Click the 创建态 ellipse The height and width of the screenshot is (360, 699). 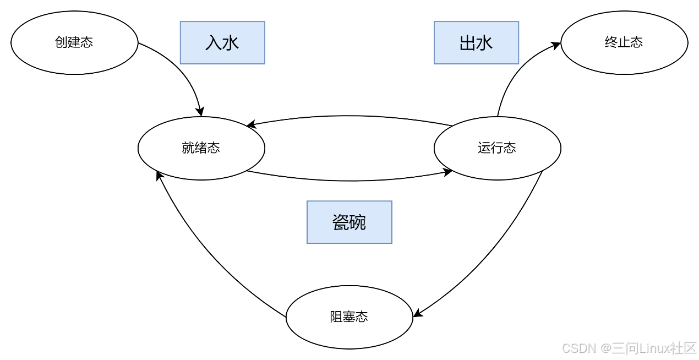pyautogui.click(x=74, y=42)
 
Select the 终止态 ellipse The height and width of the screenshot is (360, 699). pyautogui.click(x=624, y=42)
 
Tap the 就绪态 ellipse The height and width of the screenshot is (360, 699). pyautogui.click(x=201, y=148)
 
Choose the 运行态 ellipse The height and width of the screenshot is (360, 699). pyautogui.click(x=497, y=148)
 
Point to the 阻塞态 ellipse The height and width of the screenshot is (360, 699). pyautogui.click(x=349, y=317)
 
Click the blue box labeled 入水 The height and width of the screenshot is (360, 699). pyautogui.click(x=222, y=42)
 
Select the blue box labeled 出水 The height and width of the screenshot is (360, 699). pyautogui.click(x=476, y=42)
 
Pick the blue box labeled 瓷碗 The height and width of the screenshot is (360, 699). pyautogui.click(x=349, y=222)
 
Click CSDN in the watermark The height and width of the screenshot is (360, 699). pyautogui.click(x=578, y=347)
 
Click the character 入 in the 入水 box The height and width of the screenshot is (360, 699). pyautogui.click(x=214, y=43)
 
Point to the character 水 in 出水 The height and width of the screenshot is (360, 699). pyautogui.click(x=484, y=43)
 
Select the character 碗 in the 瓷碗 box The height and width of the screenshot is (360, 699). pyautogui.click(x=358, y=222)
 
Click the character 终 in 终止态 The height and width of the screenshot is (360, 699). pyautogui.click(x=611, y=42)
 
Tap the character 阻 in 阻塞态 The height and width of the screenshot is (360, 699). pyautogui.click(x=336, y=317)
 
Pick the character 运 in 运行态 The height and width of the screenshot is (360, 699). pyautogui.click(x=484, y=148)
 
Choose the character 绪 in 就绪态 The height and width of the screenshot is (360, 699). pyautogui.click(x=201, y=148)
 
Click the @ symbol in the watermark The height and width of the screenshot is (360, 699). pyautogui.click(x=605, y=347)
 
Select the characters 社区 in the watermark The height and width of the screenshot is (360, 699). pyautogui.click(x=683, y=347)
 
